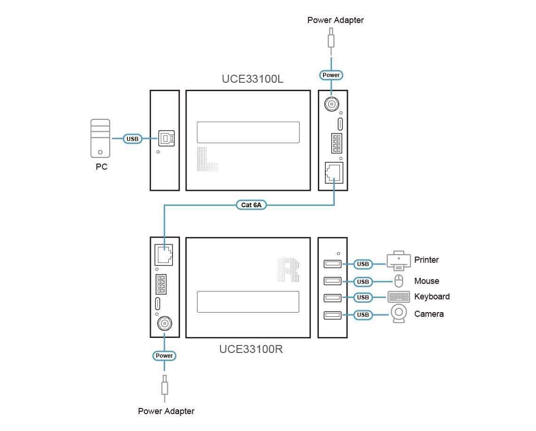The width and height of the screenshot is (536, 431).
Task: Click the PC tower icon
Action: (100, 139)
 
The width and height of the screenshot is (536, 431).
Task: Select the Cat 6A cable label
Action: (251, 205)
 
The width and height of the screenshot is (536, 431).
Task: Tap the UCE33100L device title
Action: (252, 79)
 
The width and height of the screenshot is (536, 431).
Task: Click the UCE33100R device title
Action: (251, 350)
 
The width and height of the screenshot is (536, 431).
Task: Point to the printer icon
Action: (399, 260)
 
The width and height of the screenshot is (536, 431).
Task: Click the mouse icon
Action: (399, 281)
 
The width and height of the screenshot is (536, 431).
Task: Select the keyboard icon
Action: (399, 297)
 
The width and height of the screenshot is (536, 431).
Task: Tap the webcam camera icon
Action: (399, 314)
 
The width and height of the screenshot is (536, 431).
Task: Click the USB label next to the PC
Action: (133, 139)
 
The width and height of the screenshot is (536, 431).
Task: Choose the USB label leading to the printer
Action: (363, 264)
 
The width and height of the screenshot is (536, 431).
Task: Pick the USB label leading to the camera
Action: (363, 314)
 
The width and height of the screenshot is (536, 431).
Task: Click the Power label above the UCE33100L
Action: (331, 75)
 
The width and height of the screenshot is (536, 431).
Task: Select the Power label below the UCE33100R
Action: (165, 356)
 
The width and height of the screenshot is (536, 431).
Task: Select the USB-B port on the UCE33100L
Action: (167, 138)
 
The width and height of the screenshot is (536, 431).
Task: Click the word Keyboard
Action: (431, 297)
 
